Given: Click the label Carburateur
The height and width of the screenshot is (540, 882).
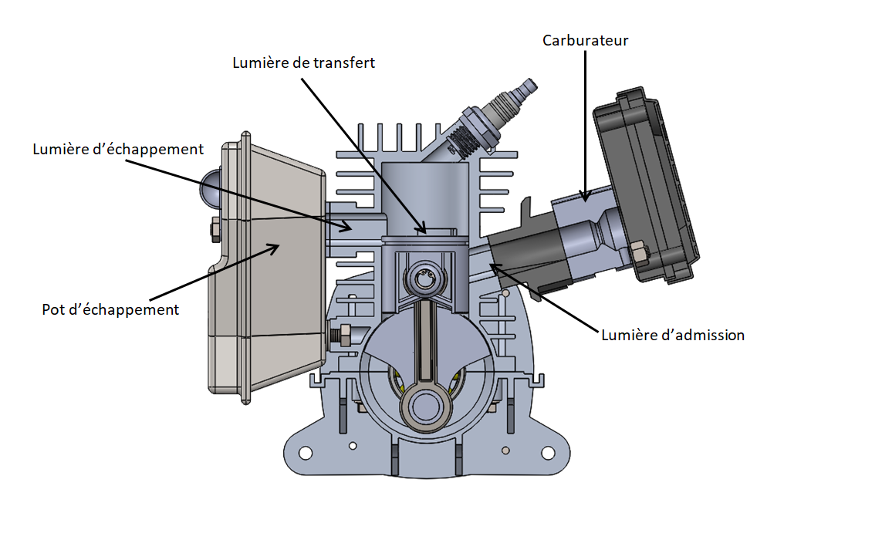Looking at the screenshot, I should point(585,40).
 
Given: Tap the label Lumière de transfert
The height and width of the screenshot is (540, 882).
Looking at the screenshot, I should point(303,62).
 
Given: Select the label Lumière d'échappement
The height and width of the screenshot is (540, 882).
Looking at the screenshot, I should point(118,149).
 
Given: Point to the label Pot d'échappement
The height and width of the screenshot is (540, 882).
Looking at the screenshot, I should point(110,309).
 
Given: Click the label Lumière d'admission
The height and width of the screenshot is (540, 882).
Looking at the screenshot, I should point(673,335).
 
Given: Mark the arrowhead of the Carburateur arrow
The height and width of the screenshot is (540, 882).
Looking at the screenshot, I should point(586,199).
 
